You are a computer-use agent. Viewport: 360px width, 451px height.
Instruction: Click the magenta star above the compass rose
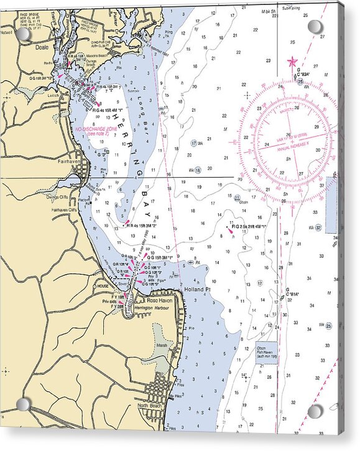(x=292, y=61)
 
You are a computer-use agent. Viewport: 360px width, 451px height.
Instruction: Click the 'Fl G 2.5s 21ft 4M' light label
(x=248, y=227)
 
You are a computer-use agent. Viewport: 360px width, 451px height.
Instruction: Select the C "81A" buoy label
(x=292, y=293)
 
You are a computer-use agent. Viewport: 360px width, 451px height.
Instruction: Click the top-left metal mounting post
(x=24, y=34)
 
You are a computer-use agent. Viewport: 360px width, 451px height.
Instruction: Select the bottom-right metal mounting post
(x=315, y=411)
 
